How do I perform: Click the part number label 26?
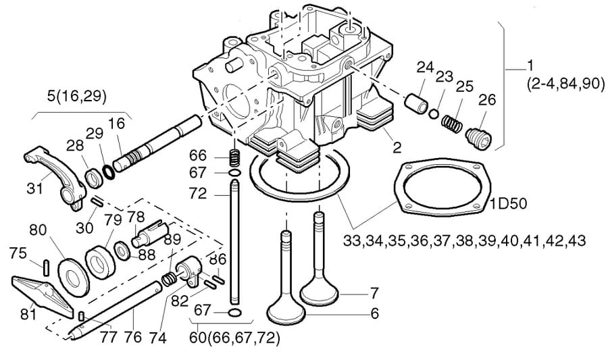487,100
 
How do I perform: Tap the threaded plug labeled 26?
478,138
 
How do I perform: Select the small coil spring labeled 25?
451,123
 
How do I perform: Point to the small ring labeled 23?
434,113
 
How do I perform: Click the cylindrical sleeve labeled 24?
417,101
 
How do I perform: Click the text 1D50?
508,203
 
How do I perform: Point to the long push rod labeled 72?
234,242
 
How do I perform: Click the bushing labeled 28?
94,178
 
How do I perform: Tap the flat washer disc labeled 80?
73,277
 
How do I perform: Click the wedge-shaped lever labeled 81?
43,295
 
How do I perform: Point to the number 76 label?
132,337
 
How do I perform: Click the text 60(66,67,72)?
234,338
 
